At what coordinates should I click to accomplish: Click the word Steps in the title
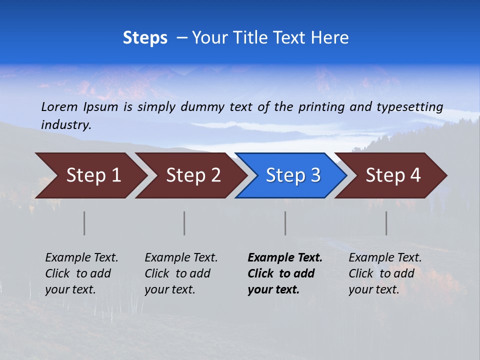pos(145,38)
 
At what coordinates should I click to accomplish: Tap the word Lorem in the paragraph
pos(59,106)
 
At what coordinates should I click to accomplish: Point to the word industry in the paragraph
pos(66,125)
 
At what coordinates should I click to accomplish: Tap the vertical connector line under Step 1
pos(84,223)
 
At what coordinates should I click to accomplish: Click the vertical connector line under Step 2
pos(184,223)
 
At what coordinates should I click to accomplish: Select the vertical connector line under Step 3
pos(285,223)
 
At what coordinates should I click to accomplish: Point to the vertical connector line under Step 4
pos(386,223)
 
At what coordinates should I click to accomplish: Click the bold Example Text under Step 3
pos(285,258)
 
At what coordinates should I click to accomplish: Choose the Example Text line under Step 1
pos(81,258)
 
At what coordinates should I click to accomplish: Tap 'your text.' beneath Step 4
pos(373,289)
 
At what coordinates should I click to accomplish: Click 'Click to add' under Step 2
pos(177,274)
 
